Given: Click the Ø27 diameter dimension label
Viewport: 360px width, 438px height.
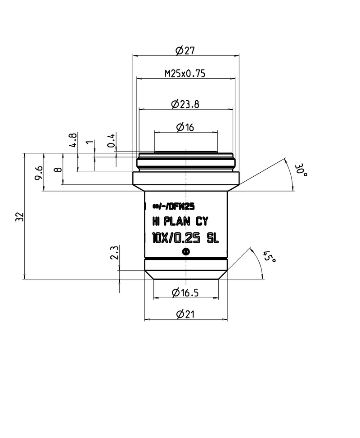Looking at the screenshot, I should tap(185, 51).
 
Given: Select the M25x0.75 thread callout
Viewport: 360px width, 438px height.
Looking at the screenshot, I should tap(185, 74).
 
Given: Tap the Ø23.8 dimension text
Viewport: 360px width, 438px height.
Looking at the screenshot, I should tap(185, 104).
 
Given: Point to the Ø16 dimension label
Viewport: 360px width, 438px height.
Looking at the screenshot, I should tap(185, 128).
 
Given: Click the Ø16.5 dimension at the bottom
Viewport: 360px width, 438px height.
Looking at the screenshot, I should tap(185, 293).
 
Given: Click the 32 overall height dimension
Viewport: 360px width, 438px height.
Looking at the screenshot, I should tap(19, 216).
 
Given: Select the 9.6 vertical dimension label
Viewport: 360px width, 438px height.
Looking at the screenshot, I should tap(39, 172).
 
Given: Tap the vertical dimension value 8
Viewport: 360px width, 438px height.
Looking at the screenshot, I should tap(58, 170).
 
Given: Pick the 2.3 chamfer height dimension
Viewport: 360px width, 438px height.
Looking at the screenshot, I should tap(114, 252).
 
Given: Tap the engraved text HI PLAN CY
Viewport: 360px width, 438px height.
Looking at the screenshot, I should tap(180, 221).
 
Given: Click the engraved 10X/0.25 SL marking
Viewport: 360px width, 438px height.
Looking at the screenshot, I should tap(185, 238).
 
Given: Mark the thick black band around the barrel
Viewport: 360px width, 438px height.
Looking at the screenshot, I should tap(185, 260).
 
